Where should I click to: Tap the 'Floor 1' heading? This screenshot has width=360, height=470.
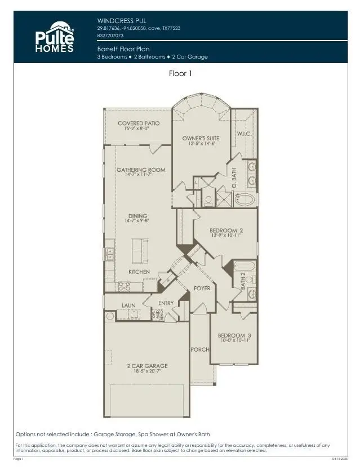[181, 73]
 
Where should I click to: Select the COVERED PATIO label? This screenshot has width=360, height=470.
[138, 123]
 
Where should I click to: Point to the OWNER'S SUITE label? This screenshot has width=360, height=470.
[201, 138]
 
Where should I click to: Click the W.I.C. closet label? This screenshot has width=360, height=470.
[243, 134]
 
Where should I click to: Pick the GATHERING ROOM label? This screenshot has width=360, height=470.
[141, 170]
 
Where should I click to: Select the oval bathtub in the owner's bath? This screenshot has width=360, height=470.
[247, 199]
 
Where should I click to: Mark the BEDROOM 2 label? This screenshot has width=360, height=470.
[226, 230]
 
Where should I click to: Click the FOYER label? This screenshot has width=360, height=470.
[202, 288]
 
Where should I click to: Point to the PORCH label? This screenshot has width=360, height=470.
[200, 349]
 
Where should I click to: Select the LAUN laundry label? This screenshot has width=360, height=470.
[128, 305]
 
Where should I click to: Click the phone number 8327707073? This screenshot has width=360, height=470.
[111, 35]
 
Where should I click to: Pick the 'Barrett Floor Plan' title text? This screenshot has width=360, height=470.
[123, 49]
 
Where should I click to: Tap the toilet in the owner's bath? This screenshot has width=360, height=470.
[208, 199]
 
